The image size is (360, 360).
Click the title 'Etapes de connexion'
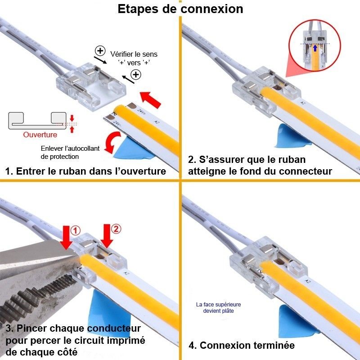pyautogui.click(x=180, y=9)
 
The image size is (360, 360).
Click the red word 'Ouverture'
pyautogui.click(x=40, y=135)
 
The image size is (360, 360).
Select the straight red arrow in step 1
pyautogui.click(x=151, y=98)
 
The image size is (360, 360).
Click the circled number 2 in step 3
pyautogui.click(x=116, y=229)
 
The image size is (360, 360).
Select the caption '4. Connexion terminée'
pyautogui.click(x=241, y=346)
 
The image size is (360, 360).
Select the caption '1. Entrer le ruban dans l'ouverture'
pyautogui.click(x=85, y=171)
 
